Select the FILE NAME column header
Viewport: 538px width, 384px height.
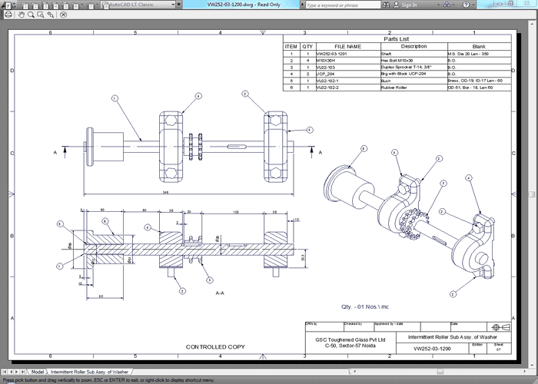(347, 46)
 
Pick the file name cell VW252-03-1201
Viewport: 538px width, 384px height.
(333, 54)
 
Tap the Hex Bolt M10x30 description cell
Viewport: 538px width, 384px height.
(397, 61)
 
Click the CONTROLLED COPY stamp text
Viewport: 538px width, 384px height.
(216, 347)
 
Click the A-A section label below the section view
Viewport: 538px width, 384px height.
(220, 293)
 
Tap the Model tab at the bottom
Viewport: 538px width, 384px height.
(38, 371)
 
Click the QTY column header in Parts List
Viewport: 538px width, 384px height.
(307, 46)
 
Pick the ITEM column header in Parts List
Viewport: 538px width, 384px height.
(291, 46)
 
